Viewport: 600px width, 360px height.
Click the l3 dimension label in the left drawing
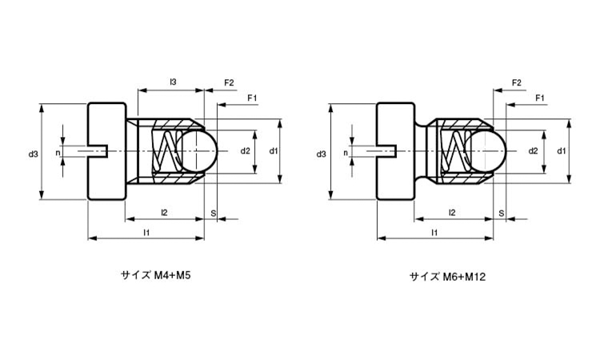coord(173,82)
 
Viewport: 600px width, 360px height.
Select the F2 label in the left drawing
coord(229,82)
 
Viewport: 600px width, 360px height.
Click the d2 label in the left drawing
coord(246,150)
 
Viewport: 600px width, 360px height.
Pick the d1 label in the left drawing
coord(273,150)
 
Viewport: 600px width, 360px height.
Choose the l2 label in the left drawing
coord(164,212)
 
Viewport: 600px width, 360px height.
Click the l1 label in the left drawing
coord(146,232)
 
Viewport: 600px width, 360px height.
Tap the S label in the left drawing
coord(212,212)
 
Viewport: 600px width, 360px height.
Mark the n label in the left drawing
coord(58,152)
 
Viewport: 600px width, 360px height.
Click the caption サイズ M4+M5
coord(156,274)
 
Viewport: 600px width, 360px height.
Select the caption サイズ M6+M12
coord(448,277)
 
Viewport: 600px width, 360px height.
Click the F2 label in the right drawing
coord(516,82)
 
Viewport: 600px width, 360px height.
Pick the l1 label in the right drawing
coord(434,232)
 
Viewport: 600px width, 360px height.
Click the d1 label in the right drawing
coord(562,150)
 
